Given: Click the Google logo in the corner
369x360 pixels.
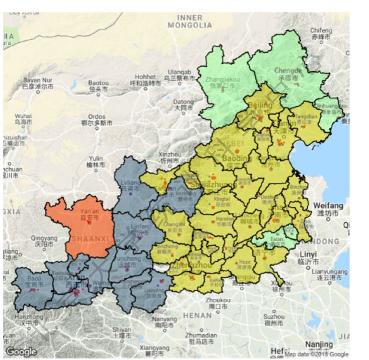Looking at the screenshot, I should coord(21,352).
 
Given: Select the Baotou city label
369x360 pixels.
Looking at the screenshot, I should coord(98,85).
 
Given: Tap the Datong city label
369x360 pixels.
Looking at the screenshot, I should coord(183,105).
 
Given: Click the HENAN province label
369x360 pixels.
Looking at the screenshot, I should coord(197,316).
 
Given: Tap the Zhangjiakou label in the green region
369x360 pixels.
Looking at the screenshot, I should coord(222,82).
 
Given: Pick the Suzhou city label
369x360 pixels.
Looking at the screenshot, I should coord(274,319).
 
